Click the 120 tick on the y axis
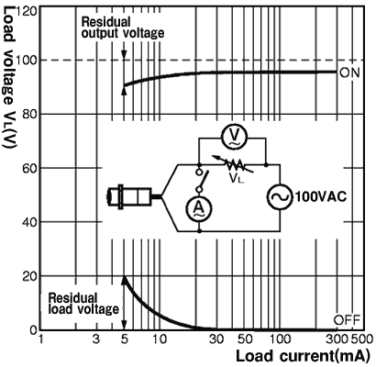[x=28, y=11]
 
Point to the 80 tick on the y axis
[x=30, y=114]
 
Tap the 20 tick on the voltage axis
[x=30, y=276]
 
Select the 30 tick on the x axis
[x=216, y=339]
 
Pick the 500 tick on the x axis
[x=362, y=339]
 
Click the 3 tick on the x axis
[x=96, y=339]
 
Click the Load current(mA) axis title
[x=302, y=356]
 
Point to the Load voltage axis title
[x=9, y=77]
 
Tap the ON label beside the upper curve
[x=349, y=72]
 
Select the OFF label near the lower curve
[x=347, y=320]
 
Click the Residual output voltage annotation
[x=123, y=28]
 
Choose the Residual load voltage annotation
[x=83, y=304]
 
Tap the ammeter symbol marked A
[x=199, y=208]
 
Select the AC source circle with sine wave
[x=280, y=196]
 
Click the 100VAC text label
[x=321, y=197]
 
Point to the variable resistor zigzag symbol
[x=234, y=165]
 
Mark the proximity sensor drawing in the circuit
[x=134, y=197]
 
